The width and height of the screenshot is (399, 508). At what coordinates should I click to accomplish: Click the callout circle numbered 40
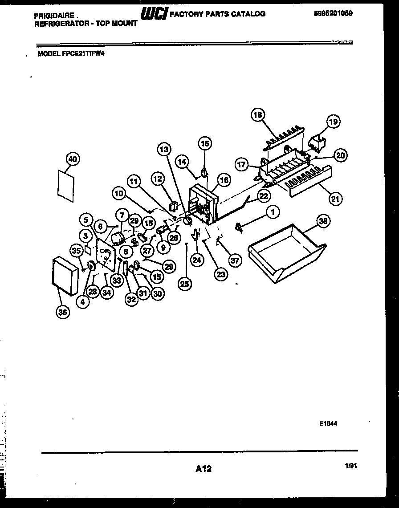click(72, 158)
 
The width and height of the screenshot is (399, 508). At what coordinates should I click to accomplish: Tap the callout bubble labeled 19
click(334, 122)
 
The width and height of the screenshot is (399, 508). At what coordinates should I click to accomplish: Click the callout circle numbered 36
click(63, 313)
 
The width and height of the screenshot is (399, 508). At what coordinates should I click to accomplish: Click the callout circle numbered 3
click(85, 236)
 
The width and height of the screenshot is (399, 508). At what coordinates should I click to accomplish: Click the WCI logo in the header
click(154, 14)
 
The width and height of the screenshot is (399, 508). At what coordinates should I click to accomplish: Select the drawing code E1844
click(328, 423)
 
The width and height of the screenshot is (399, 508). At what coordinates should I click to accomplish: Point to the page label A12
click(203, 468)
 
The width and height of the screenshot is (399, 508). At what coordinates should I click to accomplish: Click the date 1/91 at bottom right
click(351, 466)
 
